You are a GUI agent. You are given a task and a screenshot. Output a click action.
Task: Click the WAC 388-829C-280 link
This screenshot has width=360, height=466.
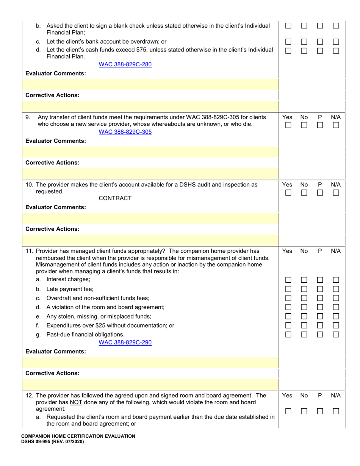click(x=125, y=64)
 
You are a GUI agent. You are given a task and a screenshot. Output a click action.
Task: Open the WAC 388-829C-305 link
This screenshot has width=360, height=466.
click(x=125, y=132)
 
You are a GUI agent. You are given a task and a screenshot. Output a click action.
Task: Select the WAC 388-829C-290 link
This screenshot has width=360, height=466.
click(x=125, y=342)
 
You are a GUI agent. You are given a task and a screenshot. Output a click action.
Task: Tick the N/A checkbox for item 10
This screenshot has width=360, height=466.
click(x=336, y=193)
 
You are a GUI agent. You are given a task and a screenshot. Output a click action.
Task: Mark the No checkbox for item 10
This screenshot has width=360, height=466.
click(x=304, y=193)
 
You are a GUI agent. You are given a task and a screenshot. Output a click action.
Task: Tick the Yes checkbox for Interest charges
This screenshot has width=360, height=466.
click(x=288, y=280)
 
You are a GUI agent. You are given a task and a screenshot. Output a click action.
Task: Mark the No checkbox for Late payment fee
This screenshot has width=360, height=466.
click(x=304, y=289)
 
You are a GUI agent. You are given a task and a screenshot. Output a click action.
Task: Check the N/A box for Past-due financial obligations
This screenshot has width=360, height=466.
click(x=336, y=335)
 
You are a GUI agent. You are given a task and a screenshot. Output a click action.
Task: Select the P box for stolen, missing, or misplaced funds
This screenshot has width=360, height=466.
click(x=320, y=316)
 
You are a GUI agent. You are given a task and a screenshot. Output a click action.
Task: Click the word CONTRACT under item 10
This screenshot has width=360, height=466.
click(x=115, y=198)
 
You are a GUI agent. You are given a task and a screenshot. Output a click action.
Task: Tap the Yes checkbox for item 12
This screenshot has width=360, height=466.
click(x=288, y=411)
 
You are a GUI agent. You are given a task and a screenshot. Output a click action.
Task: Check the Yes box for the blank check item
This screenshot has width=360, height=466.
click(x=288, y=26)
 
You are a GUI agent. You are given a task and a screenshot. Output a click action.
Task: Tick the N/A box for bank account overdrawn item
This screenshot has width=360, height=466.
click(x=336, y=42)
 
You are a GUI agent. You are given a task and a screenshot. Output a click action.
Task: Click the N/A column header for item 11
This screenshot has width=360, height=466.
click(x=336, y=251)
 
